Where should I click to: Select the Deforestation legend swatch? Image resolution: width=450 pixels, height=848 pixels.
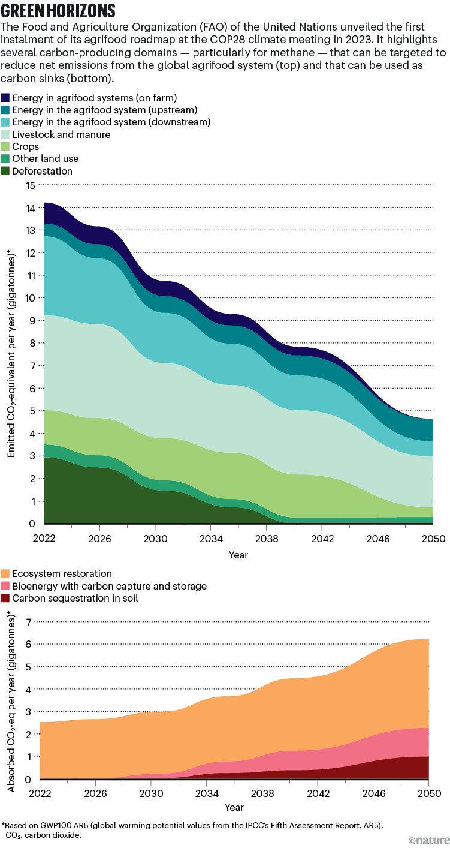click(5, 172)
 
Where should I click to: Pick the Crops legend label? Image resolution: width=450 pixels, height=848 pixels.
click(26, 146)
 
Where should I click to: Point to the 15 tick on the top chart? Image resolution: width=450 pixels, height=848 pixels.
click(30, 185)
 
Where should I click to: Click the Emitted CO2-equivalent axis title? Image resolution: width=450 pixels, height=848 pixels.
click(11, 354)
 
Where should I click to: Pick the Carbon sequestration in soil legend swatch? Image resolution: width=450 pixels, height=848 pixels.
click(5, 598)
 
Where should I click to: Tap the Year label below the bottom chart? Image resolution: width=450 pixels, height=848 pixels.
click(234, 807)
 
